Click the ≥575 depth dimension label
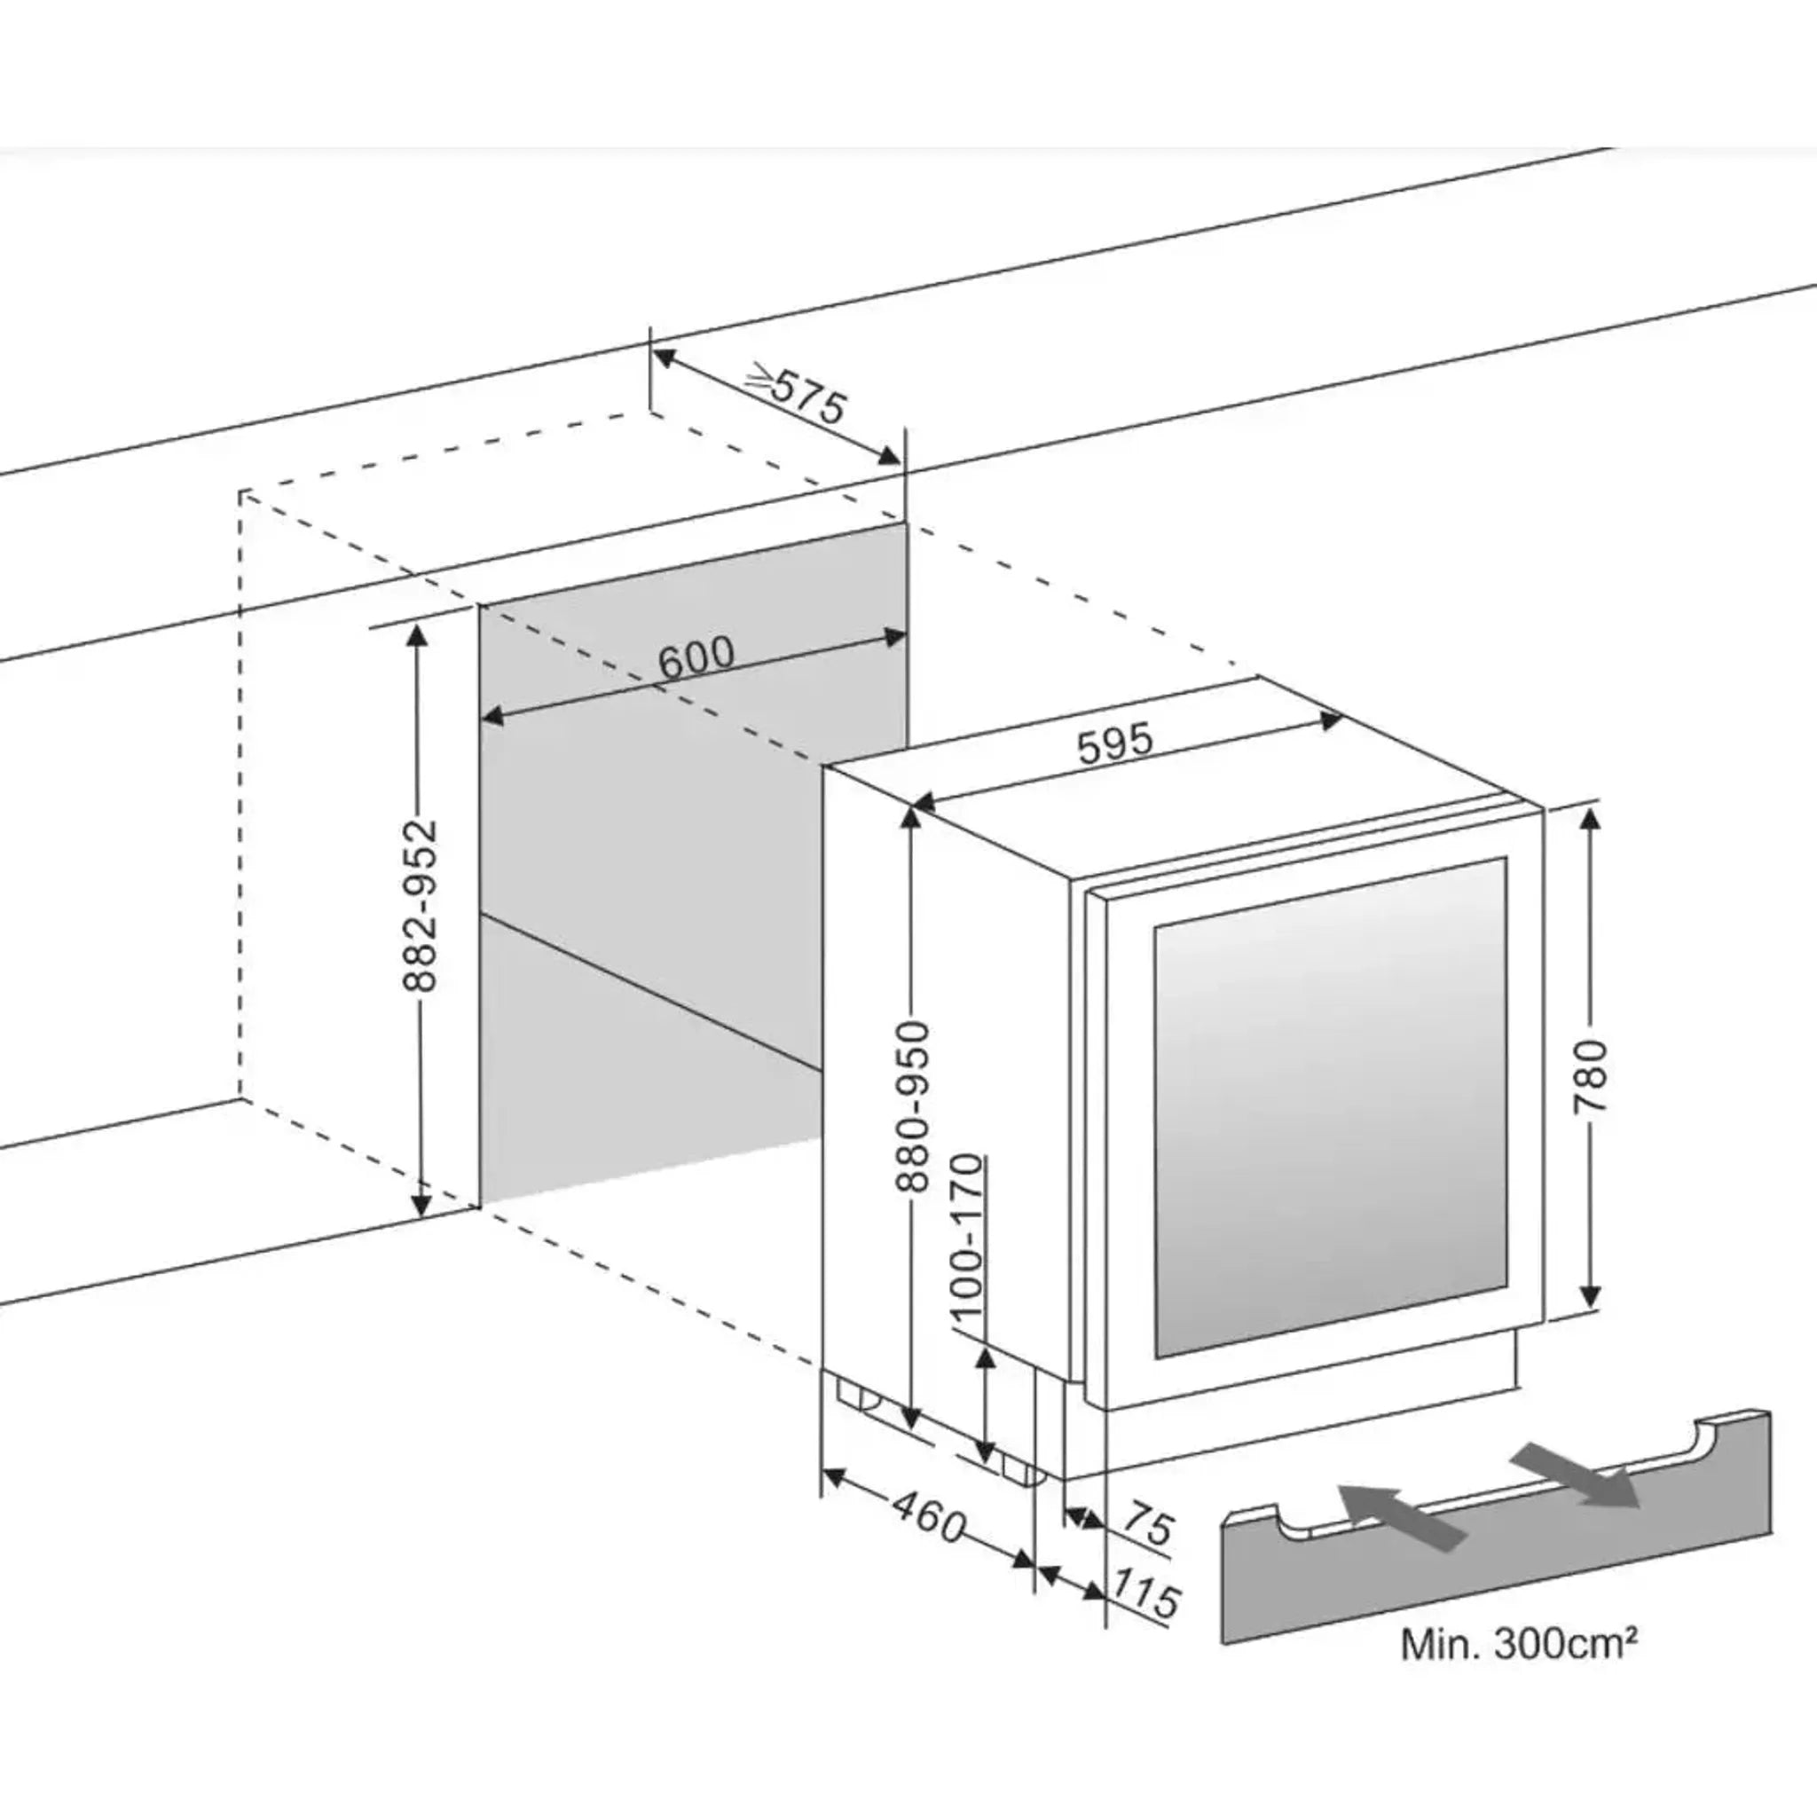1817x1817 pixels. tap(798, 395)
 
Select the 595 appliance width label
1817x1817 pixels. tap(1114, 743)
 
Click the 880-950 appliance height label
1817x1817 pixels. tap(911, 1108)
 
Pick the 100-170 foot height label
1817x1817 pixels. tap(966, 1238)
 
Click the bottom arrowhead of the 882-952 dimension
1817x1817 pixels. tap(421, 1204)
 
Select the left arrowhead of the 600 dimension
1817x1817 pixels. tap(491, 719)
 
